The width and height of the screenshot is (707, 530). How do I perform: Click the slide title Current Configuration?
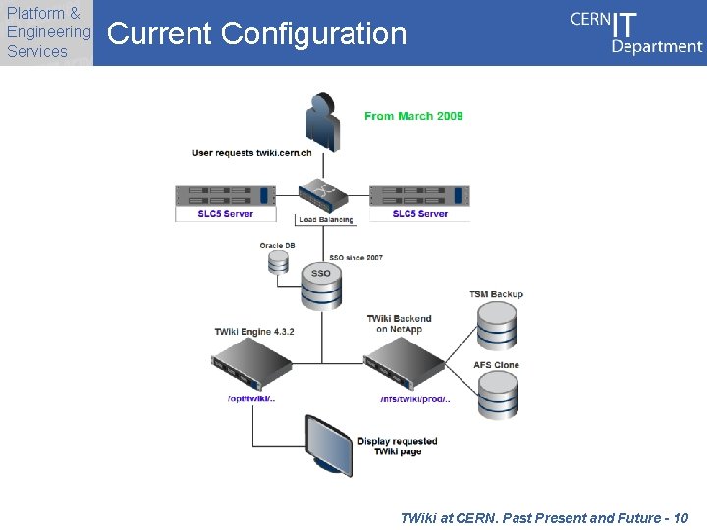pos(256,34)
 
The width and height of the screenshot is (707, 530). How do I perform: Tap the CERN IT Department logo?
pos(635,32)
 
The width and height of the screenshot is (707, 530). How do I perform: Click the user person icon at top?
pos(322,122)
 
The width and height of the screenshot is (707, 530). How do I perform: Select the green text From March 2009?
pos(413,116)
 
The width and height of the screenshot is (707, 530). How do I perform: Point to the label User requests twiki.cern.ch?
pos(251,153)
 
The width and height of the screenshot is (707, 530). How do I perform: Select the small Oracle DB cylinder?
pos(278,262)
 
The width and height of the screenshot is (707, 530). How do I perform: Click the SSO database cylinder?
pos(321,285)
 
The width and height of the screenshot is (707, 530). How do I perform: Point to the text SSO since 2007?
pos(355,258)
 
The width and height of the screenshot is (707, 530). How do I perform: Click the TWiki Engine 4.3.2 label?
pos(254,332)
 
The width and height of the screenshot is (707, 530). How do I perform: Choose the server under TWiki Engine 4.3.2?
pos(252,370)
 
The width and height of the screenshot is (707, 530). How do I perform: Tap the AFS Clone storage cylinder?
pos(498,396)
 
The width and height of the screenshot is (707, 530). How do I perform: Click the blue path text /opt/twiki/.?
pos(251,398)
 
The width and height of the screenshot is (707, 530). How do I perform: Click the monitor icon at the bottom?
pos(327,446)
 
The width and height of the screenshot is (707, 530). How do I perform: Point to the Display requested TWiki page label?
pos(397,447)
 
